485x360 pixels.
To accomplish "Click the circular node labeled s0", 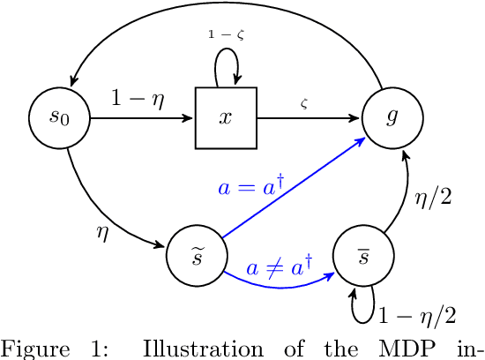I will [59, 118].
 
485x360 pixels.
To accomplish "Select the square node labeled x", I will [226, 118].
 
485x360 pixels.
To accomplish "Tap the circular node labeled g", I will [392, 118].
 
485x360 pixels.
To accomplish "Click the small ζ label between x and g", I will [304, 104].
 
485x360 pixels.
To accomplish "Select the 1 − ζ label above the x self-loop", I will [225, 34].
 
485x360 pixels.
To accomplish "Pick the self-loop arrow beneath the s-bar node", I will [363, 305].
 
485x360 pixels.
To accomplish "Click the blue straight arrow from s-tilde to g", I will [300, 186].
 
